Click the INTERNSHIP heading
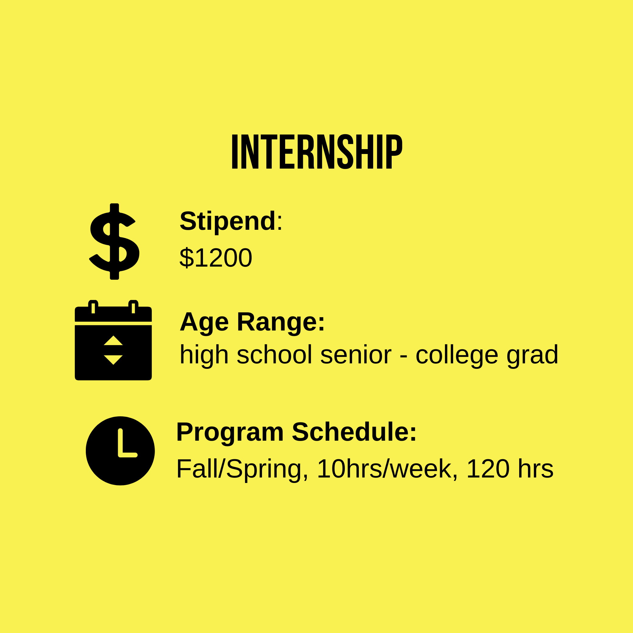[x=317, y=152]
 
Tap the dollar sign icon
[x=114, y=241]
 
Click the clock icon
[x=120, y=451]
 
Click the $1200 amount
[x=215, y=258]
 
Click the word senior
[x=355, y=355]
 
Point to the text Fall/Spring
[x=242, y=470]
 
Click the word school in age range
[x=274, y=355]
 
